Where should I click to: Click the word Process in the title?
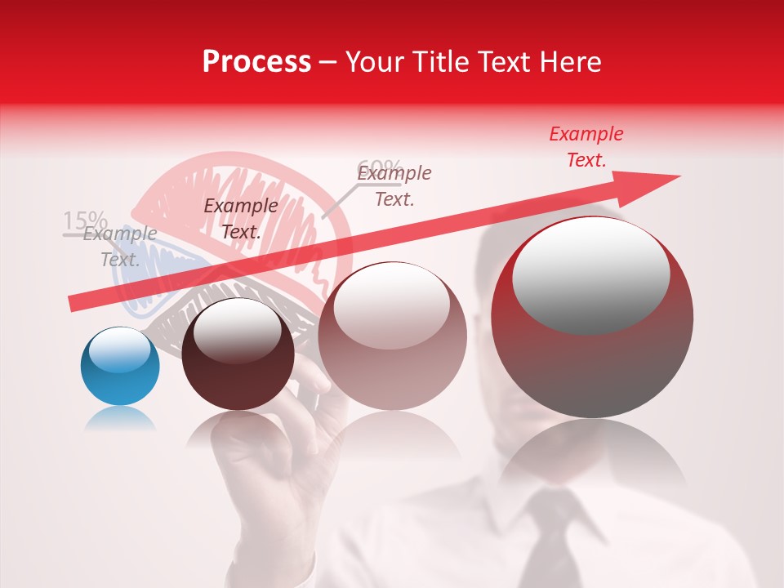(256, 62)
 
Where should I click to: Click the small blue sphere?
(120, 366)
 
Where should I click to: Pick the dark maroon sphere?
(238, 354)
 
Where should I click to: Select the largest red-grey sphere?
(592, 317)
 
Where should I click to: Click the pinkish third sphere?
(392, 336)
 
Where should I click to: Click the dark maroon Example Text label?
(240, 219)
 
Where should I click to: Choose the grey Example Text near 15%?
(120, 247)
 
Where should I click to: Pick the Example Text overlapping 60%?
(394, 186)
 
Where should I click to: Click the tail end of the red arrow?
(73, 304)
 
